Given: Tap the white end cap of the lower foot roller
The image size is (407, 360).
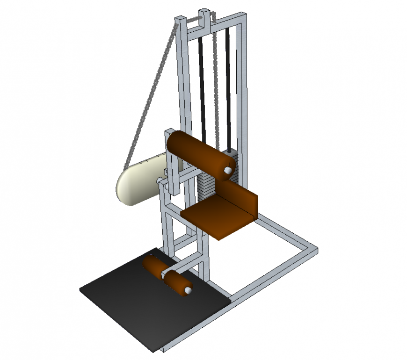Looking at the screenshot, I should pos(188,291).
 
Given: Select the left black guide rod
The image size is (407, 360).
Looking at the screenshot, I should pos(202,84).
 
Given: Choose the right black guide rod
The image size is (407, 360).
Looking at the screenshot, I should pos(228,84).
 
